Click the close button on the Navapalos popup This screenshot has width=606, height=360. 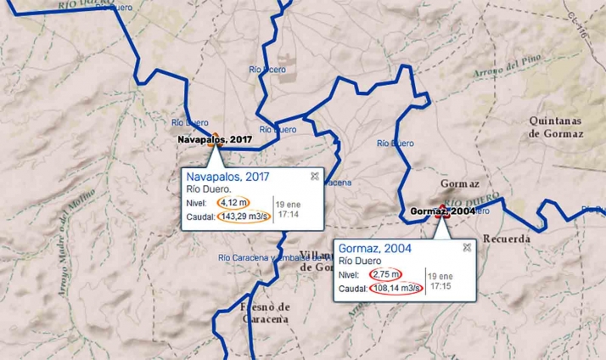click(x=315, y=176)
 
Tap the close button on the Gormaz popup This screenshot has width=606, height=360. click(x=467, y=247)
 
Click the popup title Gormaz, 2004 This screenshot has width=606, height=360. click(x=374, y=248)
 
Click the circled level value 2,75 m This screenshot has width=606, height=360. click(x=384, y=274)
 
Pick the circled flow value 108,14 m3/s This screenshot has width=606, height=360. click(x=396, y=289)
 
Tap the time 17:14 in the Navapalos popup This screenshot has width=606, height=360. click(x=288, y=215)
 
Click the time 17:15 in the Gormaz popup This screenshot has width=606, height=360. click(x=440, y=287)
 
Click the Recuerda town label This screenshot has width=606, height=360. click(x=507, y=239)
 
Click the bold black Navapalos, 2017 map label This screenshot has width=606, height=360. click(x=216, y=138)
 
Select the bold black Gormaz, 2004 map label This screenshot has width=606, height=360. click(x=441, y=211)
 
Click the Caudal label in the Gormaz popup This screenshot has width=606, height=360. click(x=352, y=289)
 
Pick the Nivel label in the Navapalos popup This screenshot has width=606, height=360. click(x=197, y=203)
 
